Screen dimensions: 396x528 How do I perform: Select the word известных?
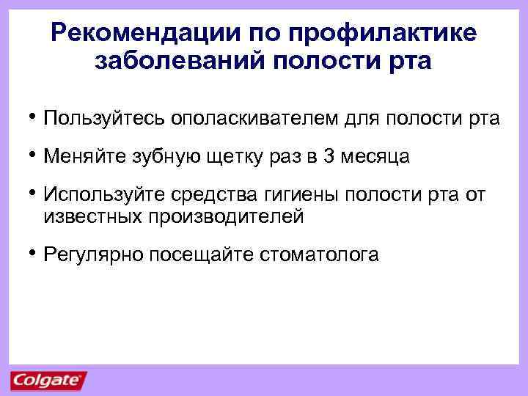click(94, 216)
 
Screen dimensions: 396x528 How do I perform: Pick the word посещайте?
click(199, 254)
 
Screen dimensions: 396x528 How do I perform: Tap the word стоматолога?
click(319, 254)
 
